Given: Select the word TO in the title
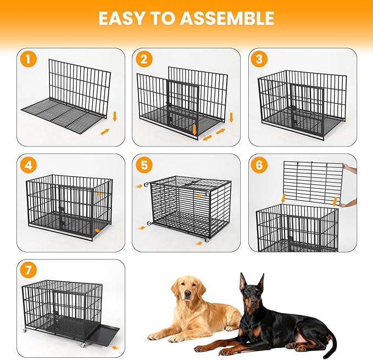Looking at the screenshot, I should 162,18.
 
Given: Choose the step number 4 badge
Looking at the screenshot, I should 28,166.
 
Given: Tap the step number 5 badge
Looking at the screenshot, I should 144,166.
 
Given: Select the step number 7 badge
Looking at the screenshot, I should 28,271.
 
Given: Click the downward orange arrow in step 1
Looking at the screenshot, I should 115,116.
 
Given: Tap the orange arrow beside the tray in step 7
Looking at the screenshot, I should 115,347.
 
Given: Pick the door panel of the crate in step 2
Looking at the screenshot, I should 181,104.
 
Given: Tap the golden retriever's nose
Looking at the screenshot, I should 188,296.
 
